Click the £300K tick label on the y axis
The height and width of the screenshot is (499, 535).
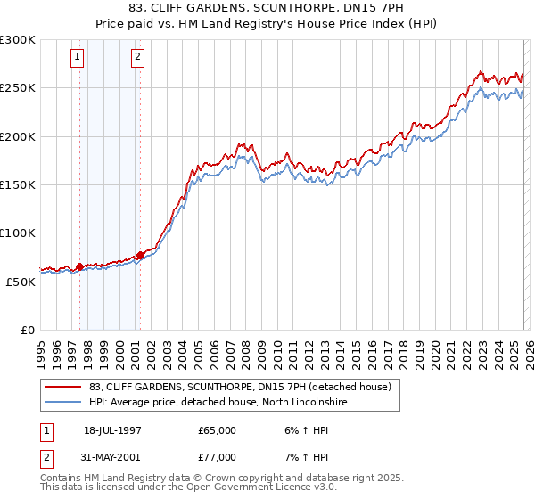[x=18, y=40]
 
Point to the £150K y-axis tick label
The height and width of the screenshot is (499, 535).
[x=18, y=185]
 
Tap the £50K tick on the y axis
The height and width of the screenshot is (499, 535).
[x=21, y=282]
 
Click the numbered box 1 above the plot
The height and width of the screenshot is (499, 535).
[x=78, y=58]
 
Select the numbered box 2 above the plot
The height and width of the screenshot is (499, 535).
[x=138, y=58]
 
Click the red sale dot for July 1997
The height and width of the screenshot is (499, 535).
[x=80, y=266]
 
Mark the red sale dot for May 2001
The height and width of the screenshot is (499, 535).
[x=140, y=255]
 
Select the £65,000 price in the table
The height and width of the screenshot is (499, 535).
[x=218, y=430]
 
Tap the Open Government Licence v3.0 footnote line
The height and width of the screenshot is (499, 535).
[x=189, y=488]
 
